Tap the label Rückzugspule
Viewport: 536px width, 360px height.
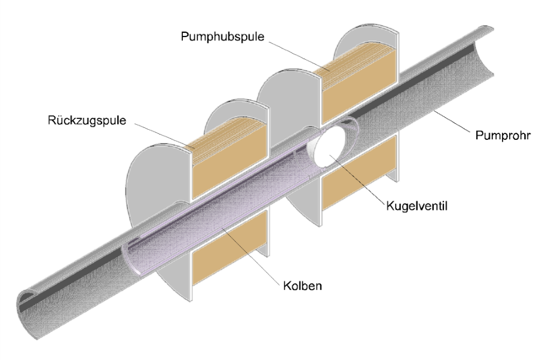87,120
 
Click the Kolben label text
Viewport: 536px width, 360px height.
303,286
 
